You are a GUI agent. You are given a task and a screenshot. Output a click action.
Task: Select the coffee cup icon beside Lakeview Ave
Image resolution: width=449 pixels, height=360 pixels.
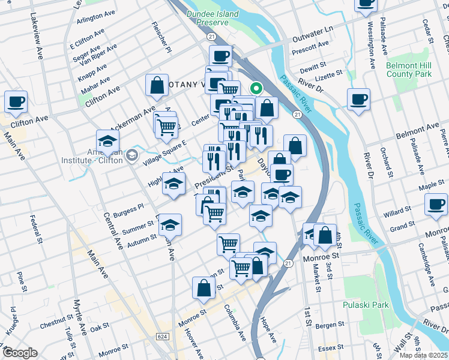click(x=16, y=101)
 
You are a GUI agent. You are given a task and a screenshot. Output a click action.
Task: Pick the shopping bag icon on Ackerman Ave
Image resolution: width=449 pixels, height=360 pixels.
click(x=157, y=86)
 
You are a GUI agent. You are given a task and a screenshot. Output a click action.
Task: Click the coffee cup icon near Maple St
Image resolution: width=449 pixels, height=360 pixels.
click(x=435, y=204)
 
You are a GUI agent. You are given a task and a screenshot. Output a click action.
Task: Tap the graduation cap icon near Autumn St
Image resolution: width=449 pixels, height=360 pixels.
click(x=170, y=226)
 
